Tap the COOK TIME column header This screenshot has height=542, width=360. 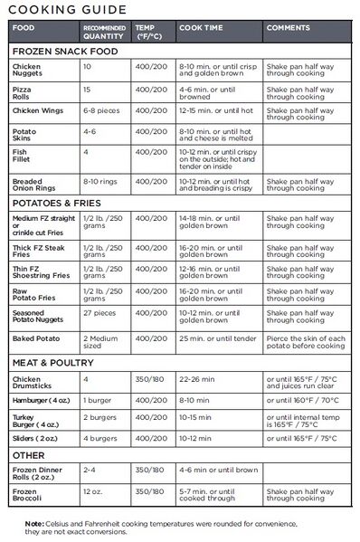tap(202, 27)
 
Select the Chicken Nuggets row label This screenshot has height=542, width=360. tap(27, 71)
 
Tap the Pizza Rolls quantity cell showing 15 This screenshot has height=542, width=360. tap(88, 90)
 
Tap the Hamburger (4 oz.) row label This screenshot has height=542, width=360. tap(43, 399)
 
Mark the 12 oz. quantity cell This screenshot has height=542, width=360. tap(92, 491)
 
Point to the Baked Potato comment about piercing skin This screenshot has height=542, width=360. tap(309, 342)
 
